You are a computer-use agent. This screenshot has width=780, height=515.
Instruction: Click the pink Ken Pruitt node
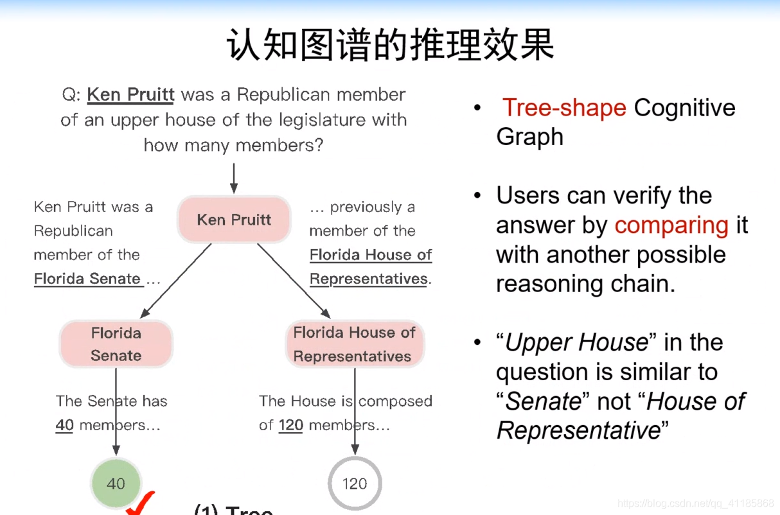[x=234, y=219]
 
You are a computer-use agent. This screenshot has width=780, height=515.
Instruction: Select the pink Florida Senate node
[x=116, y=344]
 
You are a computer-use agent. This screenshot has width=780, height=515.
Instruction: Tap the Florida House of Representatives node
[x=355, y=344]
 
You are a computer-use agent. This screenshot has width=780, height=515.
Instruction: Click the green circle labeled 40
[x=116, y=483]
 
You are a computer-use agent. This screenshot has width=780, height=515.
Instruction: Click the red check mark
[x=140, y=503]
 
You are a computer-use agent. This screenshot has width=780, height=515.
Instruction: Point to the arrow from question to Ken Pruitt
[x=234, y=178]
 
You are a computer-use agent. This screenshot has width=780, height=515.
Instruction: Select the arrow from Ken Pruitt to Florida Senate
[x=176, y=281]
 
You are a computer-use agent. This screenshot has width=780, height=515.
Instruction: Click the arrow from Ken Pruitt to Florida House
[x=294, y=281]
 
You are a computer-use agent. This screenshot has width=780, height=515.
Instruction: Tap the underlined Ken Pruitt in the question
[x=130, y=94]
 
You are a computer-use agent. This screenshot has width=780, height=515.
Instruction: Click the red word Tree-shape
[x=564, y=107]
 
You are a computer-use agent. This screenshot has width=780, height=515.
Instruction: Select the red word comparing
[x=671, y=225]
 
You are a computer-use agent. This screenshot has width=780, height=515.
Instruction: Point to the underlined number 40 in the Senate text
[x=64, y=425]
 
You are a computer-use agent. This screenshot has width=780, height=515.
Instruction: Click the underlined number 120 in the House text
[x=291, y=425]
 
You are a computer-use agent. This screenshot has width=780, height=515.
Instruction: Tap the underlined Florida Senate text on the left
[x=87, y=279]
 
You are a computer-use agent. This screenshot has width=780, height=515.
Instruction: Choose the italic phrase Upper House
[x=576, y=342]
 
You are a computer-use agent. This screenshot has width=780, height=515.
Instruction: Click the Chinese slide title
[x=390, y=44]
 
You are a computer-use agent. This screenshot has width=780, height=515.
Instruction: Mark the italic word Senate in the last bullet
[x=543, y=401]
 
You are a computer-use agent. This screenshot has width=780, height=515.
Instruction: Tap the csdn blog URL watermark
[x=696, y=503]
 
